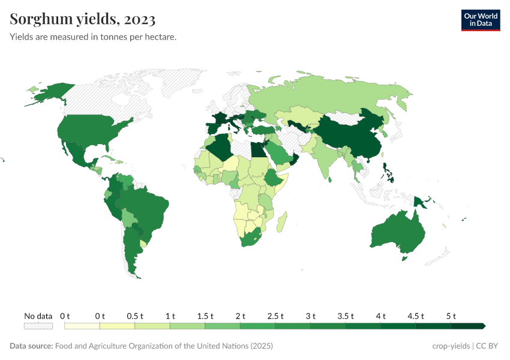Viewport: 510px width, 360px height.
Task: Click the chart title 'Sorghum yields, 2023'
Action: [x=83, y=19]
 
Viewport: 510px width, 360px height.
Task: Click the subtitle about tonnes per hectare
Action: [x=92, y=37]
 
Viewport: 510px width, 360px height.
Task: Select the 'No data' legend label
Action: [x=38, y=316]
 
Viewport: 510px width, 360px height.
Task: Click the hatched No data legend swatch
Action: [x=38, y=326]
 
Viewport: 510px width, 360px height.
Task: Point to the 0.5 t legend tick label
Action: [x=134, y=316]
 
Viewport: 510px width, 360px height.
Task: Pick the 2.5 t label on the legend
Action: [x=275, y=316]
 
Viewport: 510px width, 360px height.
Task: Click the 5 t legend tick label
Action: [x=451, y=316]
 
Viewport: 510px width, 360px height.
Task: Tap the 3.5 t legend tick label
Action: [x=345, y=316]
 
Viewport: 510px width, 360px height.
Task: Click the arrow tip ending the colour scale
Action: [x=483, y=326]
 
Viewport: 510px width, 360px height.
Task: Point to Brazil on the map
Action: [x=147, y=207]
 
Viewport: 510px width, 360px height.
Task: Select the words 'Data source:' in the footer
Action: [x=31, y=346]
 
